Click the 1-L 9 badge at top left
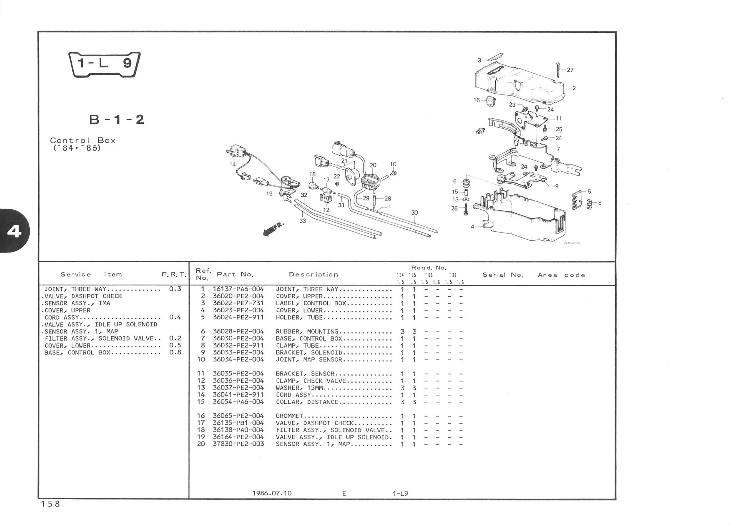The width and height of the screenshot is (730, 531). (104, 64)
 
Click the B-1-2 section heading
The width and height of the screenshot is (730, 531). (117, 119)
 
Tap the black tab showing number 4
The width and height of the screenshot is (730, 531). (14, 232)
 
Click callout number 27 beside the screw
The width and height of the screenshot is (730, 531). (570, 70)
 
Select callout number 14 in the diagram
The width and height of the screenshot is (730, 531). (233, 164)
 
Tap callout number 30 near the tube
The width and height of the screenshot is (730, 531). (415, 213)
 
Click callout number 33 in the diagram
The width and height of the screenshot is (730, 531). (303, 221)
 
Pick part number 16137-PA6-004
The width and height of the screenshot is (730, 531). (238, 289)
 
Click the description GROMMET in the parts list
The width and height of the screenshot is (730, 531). (289, 416)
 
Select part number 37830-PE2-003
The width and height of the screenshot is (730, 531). (238, 444)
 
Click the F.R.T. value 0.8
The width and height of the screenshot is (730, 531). (175, 352)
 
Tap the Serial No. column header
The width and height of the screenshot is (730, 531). (502, 275)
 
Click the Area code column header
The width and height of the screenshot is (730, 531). (561, 275)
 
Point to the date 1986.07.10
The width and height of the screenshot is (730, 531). (272, 493)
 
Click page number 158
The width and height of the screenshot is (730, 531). (50, 504)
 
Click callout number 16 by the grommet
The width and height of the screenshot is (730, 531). (477, 100)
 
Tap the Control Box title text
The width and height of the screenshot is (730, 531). (83, 141)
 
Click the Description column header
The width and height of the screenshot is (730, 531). (313, 275)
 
